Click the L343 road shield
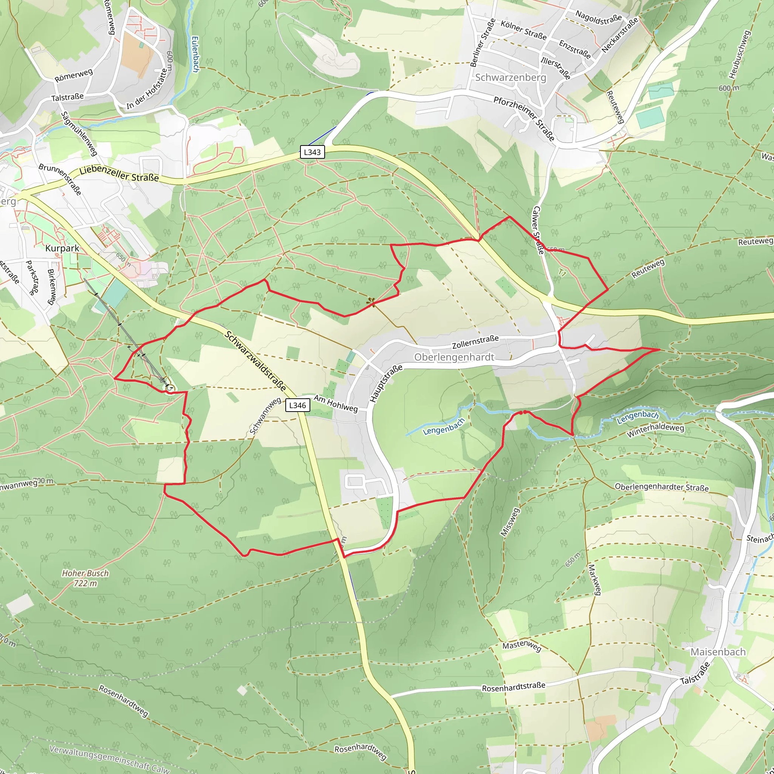312,152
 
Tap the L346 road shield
298,405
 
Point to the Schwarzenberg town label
510,77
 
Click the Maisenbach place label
718,652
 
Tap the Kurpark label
62,248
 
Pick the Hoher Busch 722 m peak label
85,578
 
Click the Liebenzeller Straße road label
119,174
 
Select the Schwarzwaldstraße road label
255,361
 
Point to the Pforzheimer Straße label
524,119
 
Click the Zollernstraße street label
475,342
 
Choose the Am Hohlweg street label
335,403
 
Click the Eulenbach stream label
195,54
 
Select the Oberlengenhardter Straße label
661,487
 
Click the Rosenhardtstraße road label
513,687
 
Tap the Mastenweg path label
522,646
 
